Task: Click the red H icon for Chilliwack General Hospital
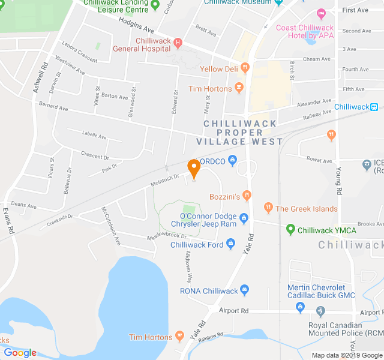click(178, 42)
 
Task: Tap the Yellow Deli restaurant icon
click(245, 68)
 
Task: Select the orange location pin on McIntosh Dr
click(194, 167)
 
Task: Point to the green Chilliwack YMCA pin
click(291, 229)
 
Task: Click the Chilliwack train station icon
click(374, 107)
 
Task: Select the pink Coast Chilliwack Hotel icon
click(321, 13)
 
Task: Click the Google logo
click(20, 353)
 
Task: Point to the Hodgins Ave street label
click(136, 25)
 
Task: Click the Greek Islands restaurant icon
click(268, 208)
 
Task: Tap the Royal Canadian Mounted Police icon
click(320, 311)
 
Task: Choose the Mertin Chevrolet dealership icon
click(300, 308)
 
